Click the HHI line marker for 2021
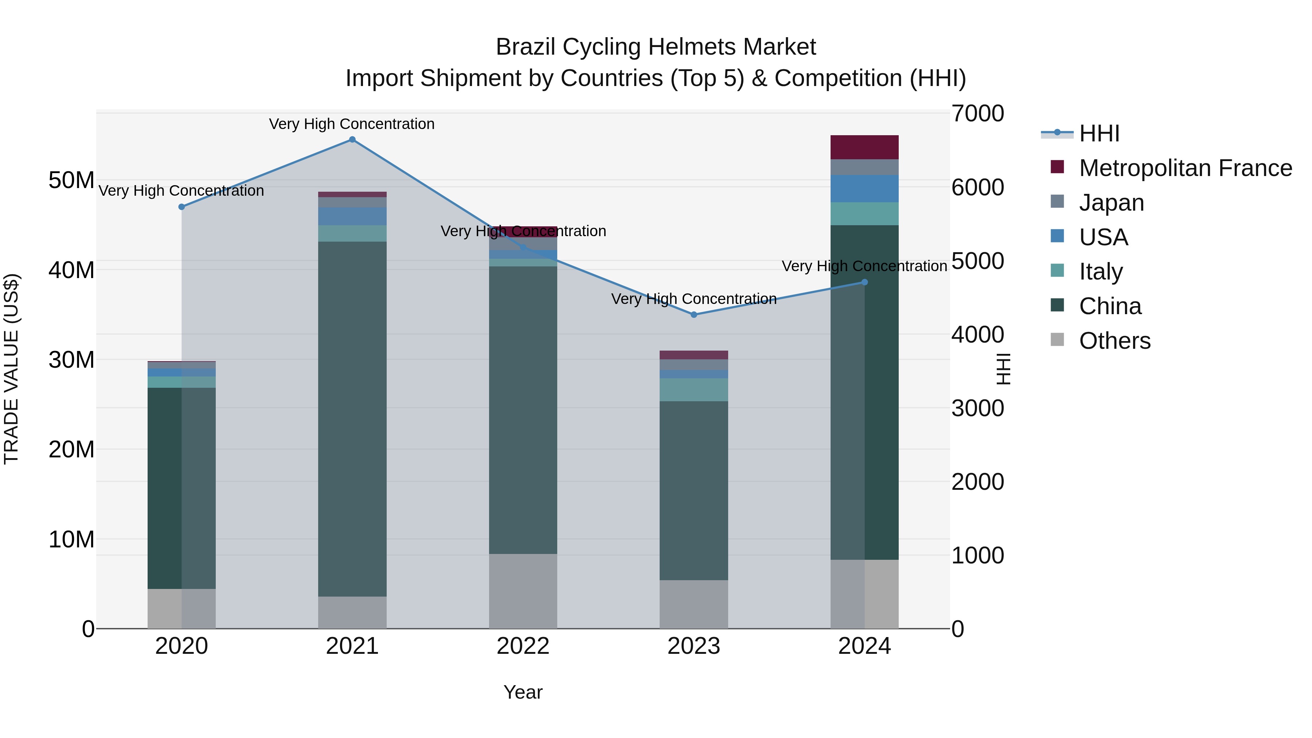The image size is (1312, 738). [x=352, y=140]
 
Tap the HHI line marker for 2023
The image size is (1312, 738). [x=694, y=315]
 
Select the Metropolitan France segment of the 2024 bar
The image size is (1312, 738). [x=864, y=147]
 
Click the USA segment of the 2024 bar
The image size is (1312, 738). [x=864, y=188]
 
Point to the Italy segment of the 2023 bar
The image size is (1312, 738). [x=694, y=390]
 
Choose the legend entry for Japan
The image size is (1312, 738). [x=1111, y=203]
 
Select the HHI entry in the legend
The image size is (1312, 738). [x=1099, y=133]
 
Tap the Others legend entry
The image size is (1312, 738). [x=1114, y=341]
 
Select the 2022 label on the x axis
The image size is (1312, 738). [x=523, y=646]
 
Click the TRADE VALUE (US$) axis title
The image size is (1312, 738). [x=11, y=369]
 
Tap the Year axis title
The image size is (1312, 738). [x=523, y=692]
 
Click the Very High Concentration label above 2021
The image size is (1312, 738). [x=352, y=124]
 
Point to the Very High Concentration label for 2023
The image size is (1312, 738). [x=694, y=298]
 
